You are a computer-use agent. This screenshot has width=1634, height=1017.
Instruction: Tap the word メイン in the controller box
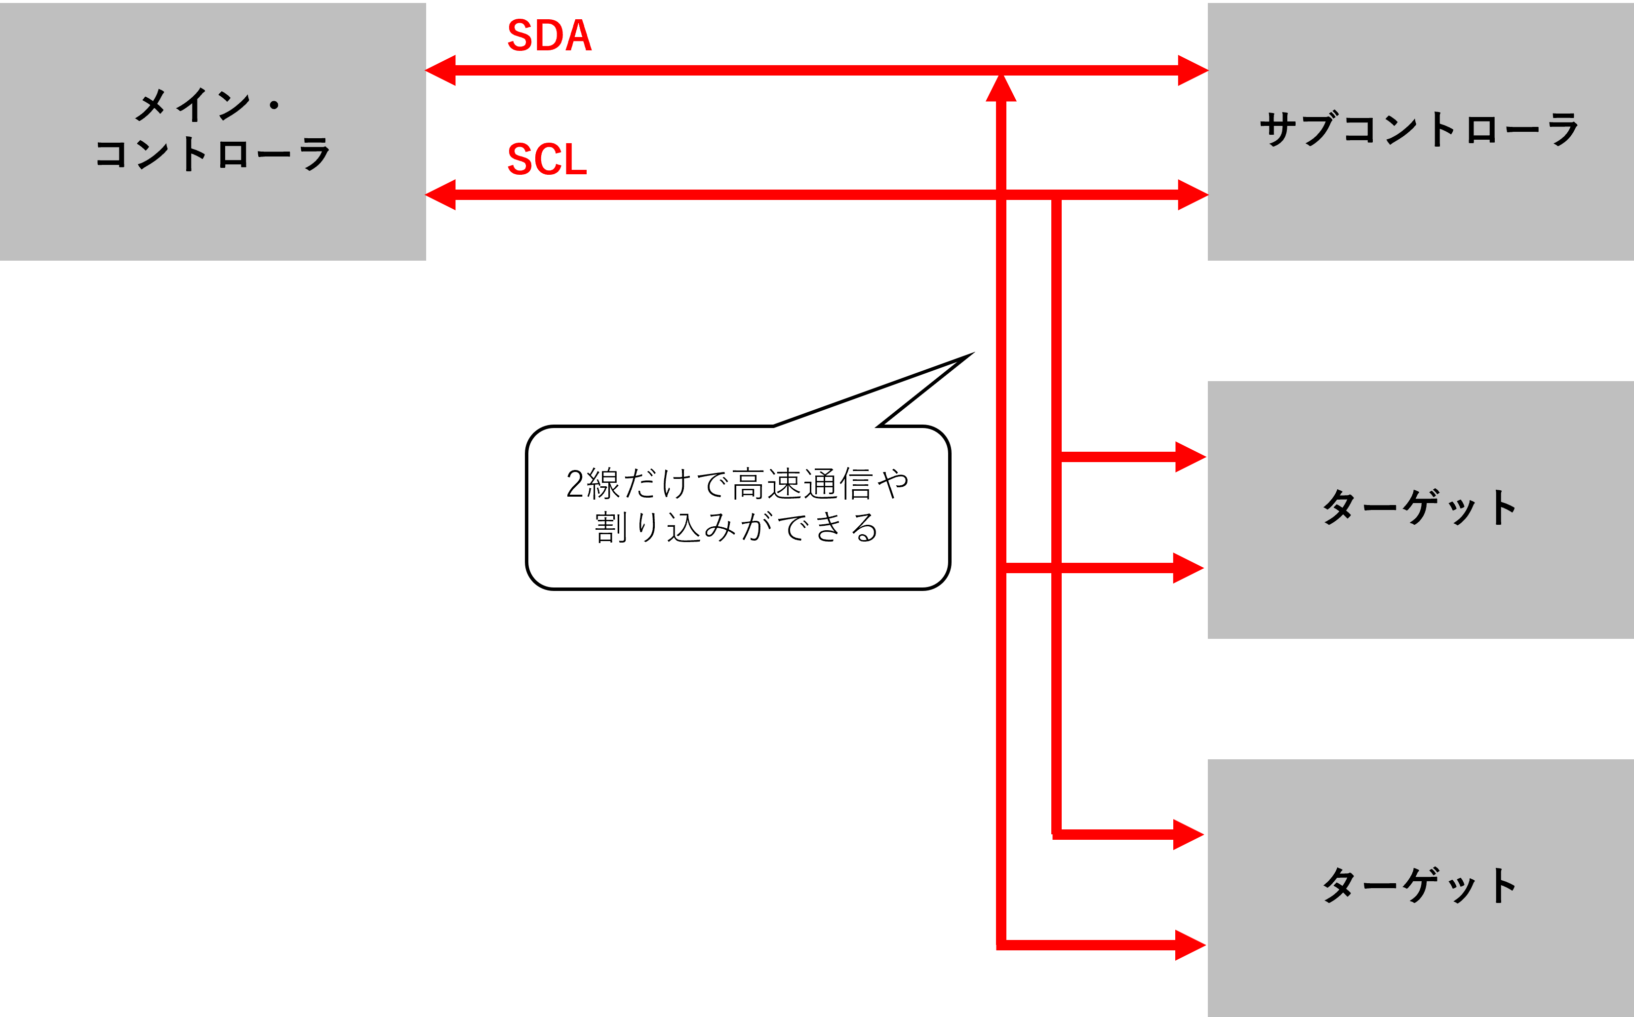point(193,106)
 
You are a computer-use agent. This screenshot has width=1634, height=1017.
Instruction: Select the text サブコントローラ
point(1419,129)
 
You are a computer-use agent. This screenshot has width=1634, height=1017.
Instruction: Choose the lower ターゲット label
point(1419,885)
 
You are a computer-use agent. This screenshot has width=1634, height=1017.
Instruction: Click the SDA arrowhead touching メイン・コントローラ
point(440,71)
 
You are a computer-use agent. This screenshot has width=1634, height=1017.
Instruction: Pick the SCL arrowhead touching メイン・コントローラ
point(440,195)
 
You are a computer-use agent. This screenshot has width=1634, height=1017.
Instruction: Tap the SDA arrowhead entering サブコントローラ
point(1193,71)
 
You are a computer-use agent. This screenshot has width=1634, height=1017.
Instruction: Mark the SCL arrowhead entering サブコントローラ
point(1193,195)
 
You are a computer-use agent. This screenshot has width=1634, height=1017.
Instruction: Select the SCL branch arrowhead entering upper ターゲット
point(1190,457)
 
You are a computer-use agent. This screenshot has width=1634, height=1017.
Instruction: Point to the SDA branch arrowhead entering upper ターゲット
point(1188,568)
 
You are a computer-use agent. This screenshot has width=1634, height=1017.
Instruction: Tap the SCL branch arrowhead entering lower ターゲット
point(1188,835)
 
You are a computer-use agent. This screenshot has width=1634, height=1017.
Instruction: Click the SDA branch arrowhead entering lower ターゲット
point(1190,945)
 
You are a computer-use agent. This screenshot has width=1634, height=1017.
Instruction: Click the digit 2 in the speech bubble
point(575,484)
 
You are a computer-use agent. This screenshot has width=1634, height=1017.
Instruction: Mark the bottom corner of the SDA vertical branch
point(1001,945)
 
